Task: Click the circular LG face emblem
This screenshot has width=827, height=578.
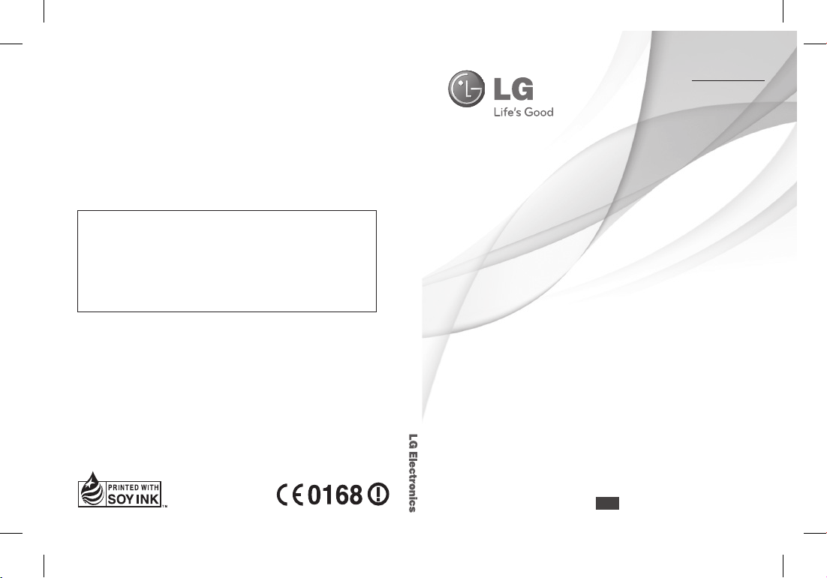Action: (x=466, y=89)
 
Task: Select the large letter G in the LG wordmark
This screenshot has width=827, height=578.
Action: (x=522, y=89)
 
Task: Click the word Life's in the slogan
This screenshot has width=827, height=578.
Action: (x=505, y=112)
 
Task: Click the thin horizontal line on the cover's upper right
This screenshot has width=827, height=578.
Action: (x=728, y=80)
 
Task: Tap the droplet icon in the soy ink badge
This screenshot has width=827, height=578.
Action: (x=92, y=489)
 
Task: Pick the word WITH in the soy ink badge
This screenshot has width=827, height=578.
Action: (x=150, y=488)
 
